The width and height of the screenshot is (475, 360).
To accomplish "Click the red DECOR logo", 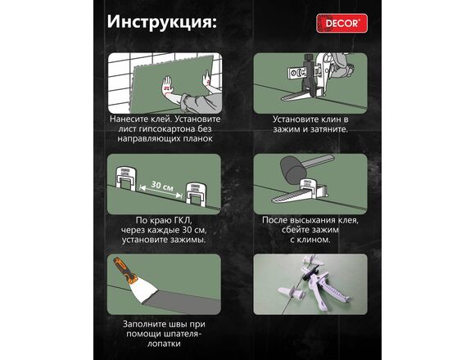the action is tap(342, 23).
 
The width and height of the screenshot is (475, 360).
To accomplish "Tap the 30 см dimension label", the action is tap(162, 186).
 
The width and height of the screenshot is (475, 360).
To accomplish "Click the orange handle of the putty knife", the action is tap(124, 268).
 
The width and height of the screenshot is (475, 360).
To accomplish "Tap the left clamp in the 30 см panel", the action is tap(126, 179).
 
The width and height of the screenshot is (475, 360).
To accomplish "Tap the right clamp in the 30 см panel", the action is tap(196, 195).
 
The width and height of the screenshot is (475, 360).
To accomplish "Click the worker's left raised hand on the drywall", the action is tap(167, 85).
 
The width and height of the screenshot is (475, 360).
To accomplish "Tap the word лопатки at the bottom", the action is tap(164, 344).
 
